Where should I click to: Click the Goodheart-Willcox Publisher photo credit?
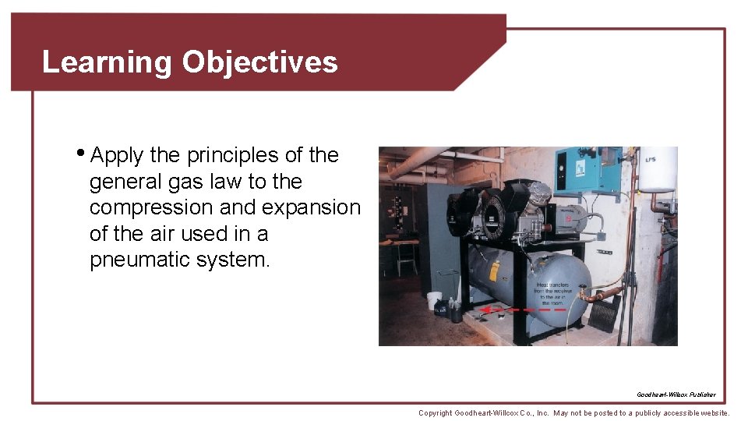(x=676, y=394)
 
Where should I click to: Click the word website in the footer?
(x=710, y=412)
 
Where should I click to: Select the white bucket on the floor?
(x=434, y=299)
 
